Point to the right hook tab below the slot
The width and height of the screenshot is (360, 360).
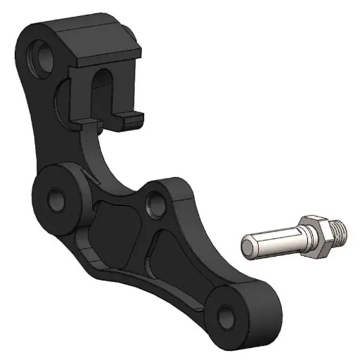click(x=131, y=117)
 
